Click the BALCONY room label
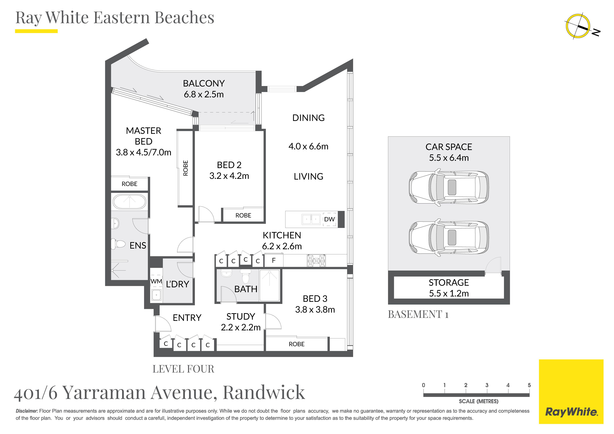[204, 83]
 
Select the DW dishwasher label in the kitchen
[329, 219]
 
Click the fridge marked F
[274, 260]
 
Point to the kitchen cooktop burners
[316, 261]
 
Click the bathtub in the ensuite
[129, 202]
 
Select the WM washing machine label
[156, 281]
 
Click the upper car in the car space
[449, 187]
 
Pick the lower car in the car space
[449, 237]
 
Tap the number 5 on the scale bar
[529, 385]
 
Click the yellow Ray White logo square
[571, 392]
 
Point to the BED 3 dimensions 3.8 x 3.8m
[315, 310]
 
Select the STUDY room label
[241, 317]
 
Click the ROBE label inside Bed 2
[243, 215]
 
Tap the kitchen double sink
[311, 219]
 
